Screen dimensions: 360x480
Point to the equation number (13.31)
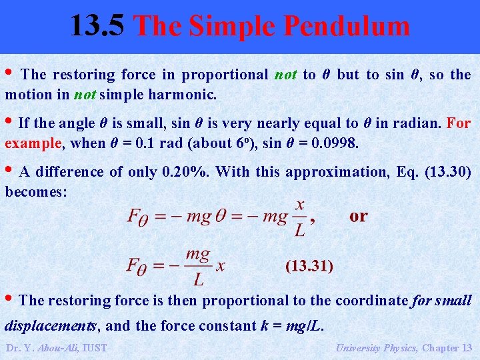point(309,266)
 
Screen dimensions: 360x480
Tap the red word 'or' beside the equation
point(358,217)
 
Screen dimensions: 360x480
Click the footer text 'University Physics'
point(377,347)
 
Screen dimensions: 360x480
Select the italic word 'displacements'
point(51,326)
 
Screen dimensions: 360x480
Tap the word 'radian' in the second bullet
point(423,123)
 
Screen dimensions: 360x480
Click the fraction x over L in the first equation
point(299,217)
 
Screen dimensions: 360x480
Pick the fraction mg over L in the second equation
point(197,265)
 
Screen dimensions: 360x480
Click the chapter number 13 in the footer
point(466,347)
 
